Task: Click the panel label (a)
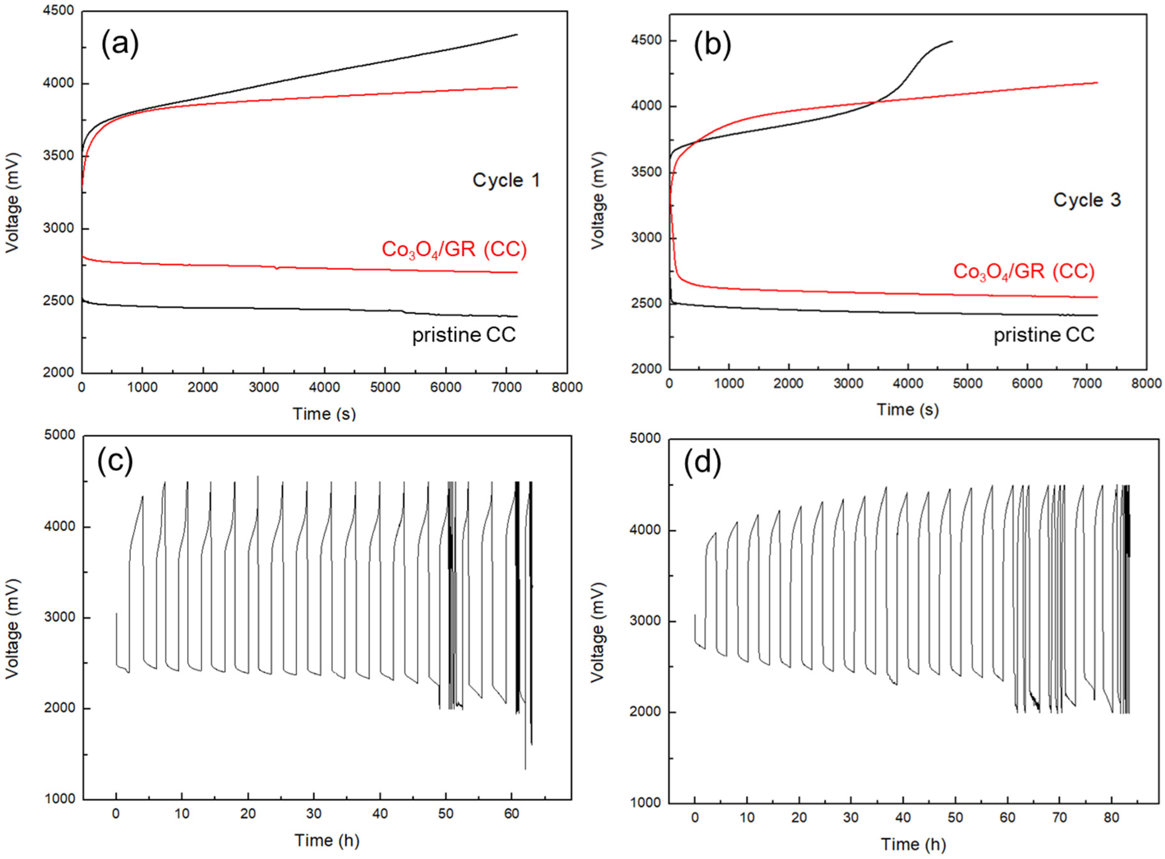pyautogui.click(x=120, y=45)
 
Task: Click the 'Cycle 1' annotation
pyautogui.click(x=505, y=181)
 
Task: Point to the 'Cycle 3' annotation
pyautogui.click(x=1086, y=200)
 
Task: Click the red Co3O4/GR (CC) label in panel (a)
pyautogui.click(x=453, y=250)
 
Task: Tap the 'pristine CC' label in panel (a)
pyautogui.click(x=463, y=335)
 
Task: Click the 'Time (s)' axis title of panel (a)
pyautogui.click(x=324, y=414)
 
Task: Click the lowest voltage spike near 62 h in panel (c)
pyautogui.click(x=525, y=769)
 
